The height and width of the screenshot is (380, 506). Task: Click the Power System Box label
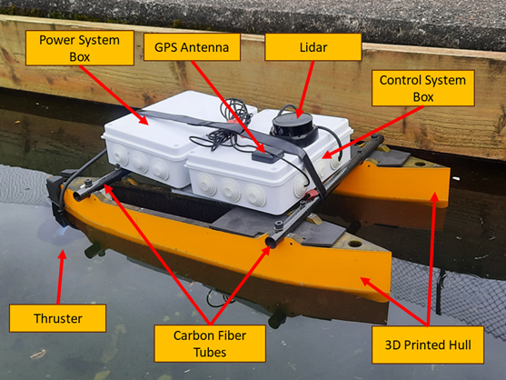click(x=80, y=48)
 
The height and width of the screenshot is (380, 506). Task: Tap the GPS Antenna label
click(x=192, y=47)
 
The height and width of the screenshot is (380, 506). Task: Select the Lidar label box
click(x=313, y=47)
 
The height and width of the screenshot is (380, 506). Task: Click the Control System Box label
click(x=423, y=88)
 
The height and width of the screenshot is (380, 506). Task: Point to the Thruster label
click(x=58, y=318)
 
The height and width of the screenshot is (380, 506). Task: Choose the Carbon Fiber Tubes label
click(x=210, y=344)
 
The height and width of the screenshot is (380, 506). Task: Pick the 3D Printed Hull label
click(x=428, y=345)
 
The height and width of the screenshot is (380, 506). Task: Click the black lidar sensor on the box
click(x=294, y=128)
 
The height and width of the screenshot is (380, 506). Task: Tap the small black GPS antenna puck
click(x=263, y=156)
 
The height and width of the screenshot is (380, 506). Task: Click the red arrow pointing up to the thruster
click(x=61, y=277)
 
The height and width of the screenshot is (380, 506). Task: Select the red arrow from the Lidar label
click(x=305, y=89)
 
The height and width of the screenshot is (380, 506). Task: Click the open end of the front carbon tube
click(x=272, y=241)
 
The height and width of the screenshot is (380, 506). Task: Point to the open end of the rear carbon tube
click(x=78, y=195)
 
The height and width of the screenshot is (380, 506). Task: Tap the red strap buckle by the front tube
click(x=311, y=195)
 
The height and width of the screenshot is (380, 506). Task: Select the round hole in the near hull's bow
click(x=355, y=244)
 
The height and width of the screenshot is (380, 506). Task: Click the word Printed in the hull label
click(x=424, y=345)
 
